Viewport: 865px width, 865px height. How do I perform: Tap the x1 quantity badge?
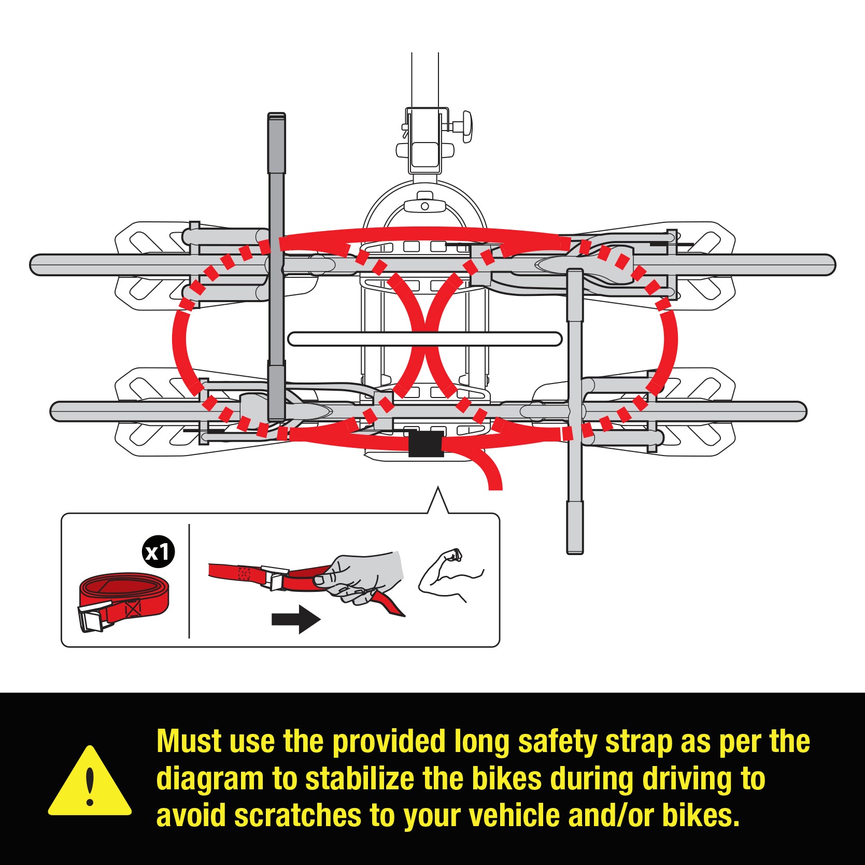158,552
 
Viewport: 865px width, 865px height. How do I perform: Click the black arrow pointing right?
296,619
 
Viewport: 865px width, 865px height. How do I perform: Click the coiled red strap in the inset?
124,601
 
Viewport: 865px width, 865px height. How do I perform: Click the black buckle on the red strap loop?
426,444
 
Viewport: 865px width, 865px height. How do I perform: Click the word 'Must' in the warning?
189,741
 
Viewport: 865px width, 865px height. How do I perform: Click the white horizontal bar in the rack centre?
425,339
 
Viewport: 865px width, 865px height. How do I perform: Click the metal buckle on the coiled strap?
94,618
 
